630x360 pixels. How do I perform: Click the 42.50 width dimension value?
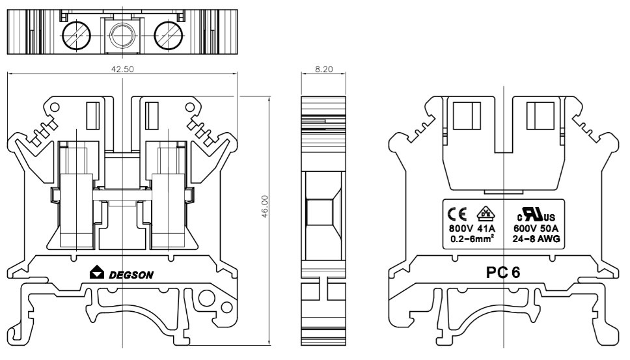pos(122,69)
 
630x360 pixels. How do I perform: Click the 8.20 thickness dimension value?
pos(323,68)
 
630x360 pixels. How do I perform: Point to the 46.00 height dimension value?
pos(264,207)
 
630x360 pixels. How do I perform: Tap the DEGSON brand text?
pos(131,275)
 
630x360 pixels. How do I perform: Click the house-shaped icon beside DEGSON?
pos(96,273)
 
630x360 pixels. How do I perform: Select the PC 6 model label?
pos(503,273)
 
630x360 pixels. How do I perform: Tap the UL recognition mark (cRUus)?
pos(536,215)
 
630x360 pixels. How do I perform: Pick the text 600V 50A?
pos(537,228)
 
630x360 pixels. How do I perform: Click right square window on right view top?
pos(540,116)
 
